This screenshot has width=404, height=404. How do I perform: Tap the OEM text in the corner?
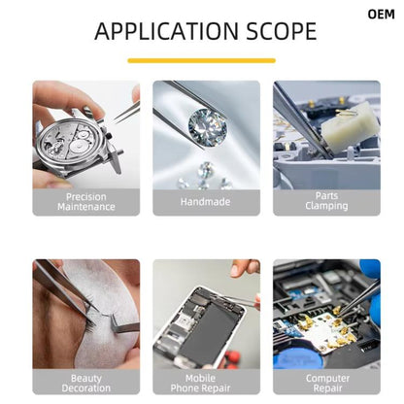coord(382,15)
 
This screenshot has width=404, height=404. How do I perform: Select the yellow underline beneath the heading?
coord(201,60)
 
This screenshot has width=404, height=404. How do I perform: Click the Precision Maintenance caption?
coord(85,202)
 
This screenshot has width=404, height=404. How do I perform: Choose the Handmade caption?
coord(206,202)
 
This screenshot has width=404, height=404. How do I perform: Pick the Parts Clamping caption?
coord(325,202)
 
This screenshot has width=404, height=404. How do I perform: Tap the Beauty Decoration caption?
coord(85,383)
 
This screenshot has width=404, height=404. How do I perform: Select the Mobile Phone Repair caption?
coord(206,383)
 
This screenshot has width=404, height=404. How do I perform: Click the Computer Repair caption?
coord(325,383)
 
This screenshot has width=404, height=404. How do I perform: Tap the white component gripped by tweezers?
coord(349,125)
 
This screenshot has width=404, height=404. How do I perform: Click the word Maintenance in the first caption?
coord(85,207)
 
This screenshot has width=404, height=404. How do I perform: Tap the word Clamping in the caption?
coord(325,207)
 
